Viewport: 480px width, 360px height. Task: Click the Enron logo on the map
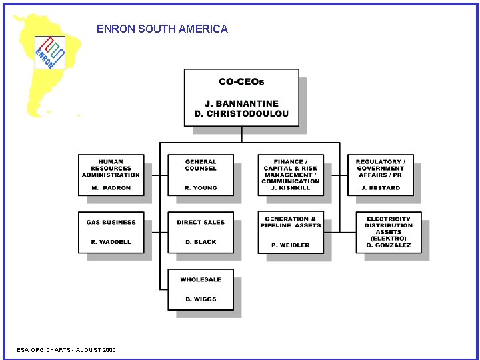50,52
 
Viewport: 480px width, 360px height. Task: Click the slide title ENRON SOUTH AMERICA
162,29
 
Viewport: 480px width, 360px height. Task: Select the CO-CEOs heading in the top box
241,82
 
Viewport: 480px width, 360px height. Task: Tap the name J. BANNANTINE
241,103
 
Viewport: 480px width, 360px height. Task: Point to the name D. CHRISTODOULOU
241,113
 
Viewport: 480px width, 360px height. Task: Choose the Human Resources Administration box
111,174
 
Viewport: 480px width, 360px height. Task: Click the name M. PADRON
111,188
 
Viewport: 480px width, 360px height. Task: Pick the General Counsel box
201,174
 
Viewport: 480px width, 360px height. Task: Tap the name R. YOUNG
201,188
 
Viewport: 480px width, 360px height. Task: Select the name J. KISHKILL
291,188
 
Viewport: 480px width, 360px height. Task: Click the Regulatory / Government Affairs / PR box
380,174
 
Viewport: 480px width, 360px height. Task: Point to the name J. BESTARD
380,188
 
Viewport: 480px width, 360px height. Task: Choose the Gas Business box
111,231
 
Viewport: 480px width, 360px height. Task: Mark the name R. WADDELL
111,242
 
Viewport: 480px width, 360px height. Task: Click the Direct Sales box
201,231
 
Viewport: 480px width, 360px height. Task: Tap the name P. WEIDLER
291,245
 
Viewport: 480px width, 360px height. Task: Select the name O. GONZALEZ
389,245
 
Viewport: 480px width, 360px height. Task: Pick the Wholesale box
201,289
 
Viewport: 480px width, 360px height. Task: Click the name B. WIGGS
201,299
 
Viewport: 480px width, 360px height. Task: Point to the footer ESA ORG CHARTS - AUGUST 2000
66,350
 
